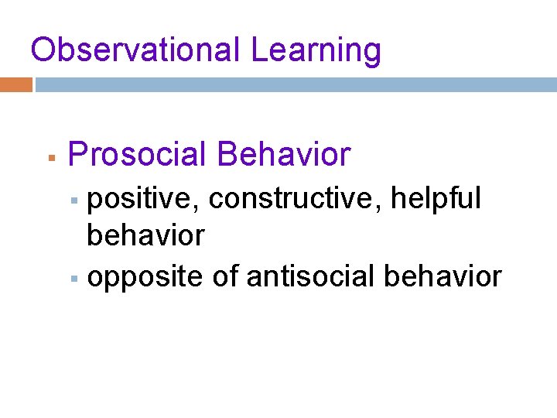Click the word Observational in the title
coord(136,50)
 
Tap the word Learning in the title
coord(316,50)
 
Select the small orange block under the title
coord(16,84)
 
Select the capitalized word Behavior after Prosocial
coord(284,154)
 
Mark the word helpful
coord(436,198)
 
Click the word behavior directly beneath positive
coord(145,235)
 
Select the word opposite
coord(145,276)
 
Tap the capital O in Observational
coord(43,50)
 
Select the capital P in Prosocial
coord(77,154)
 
